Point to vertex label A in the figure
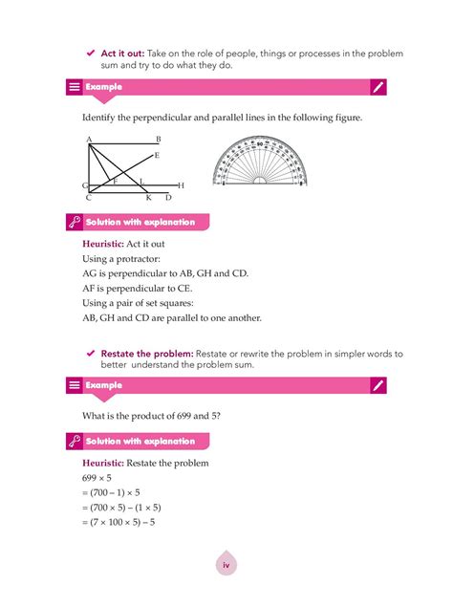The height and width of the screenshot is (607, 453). [x=89, y=140]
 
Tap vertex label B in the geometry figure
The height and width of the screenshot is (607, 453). [x=158, y=140]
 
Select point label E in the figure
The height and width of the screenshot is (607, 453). [x=157, y=155]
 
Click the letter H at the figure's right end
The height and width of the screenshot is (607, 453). [x=181, y=184]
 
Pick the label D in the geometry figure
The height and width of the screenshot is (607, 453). [x=167, y=198]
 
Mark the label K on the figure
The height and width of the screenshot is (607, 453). [x=148, y=198]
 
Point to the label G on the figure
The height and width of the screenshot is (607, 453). [x=85, y=185]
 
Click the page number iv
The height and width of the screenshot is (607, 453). [x=226, y=565]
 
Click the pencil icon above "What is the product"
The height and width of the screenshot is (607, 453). [x=378, y=385]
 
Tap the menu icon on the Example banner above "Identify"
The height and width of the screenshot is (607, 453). [x=73, y=87]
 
